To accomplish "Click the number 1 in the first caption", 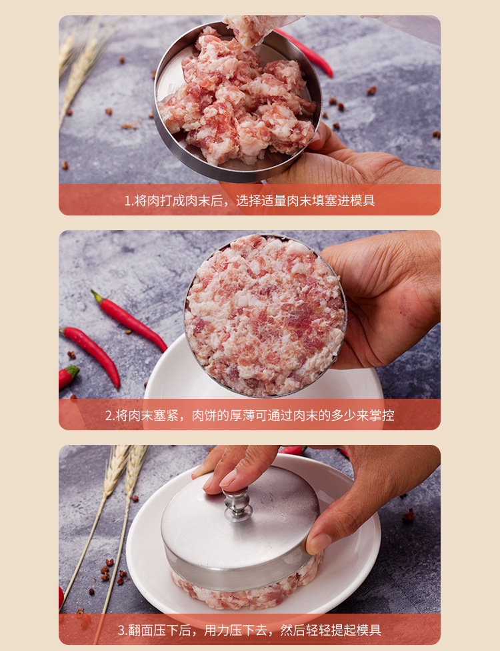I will (x=127, y=201).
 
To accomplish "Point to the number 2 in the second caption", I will (x=109, y=416).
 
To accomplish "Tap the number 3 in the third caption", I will (x=121, y=630).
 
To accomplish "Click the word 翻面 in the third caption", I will (x=141, y=630).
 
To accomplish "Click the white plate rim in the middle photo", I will (x=160, y=374).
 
